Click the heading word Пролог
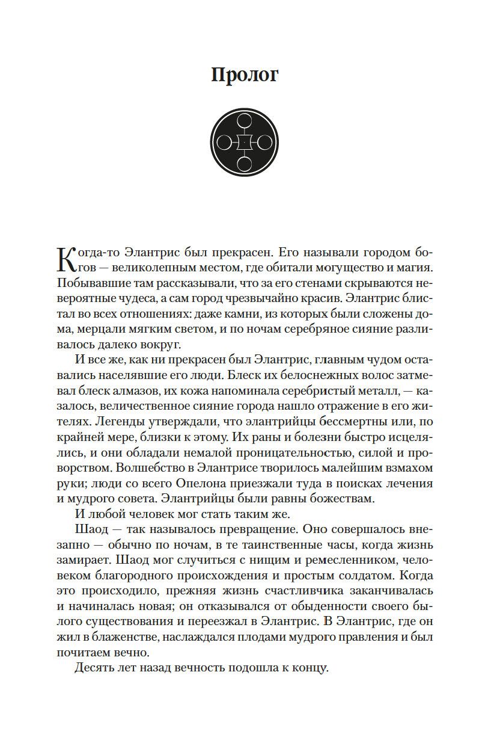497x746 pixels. pyautogui.click(x=245, y=75)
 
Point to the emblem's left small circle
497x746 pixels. pyautogui.click(x=224, y=143)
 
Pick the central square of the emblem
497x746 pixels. pyautogui.click(x=245, y=143)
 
